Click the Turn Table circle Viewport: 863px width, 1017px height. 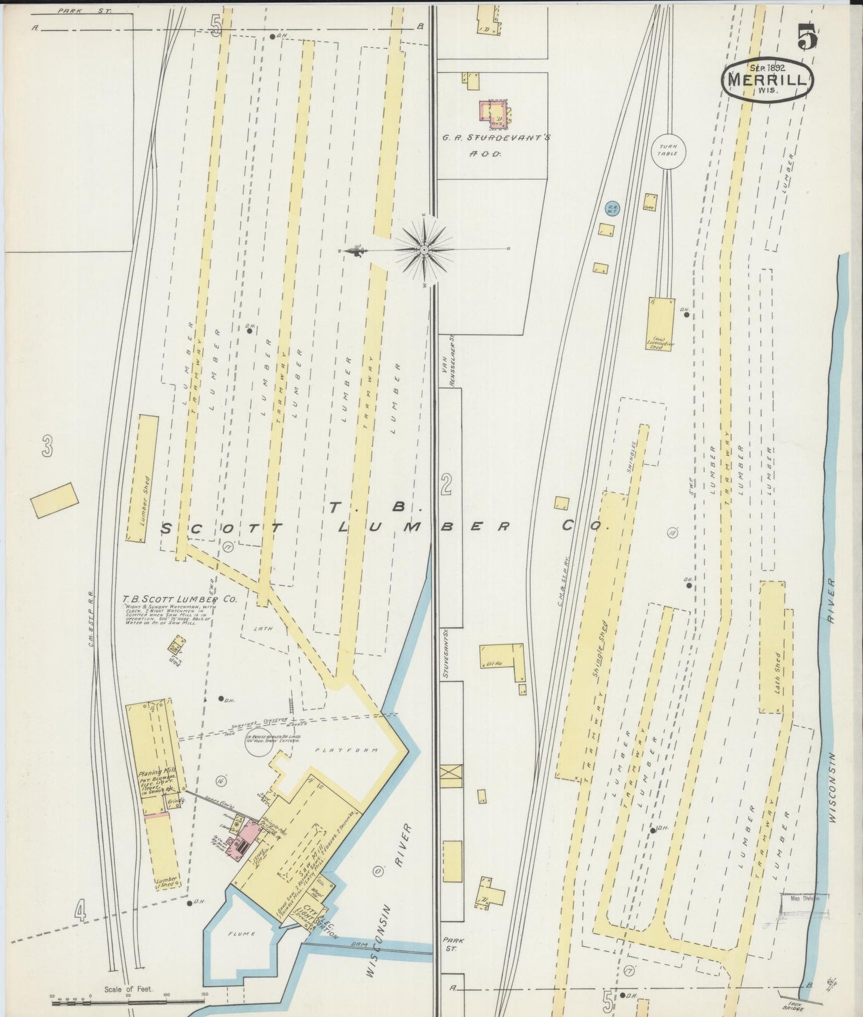click(x=668, y=150)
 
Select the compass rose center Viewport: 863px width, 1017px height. click(x=423, y=249)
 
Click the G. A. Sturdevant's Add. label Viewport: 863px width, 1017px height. click(x=496, y=137)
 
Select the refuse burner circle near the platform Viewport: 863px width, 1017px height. click(x=262, y=742)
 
